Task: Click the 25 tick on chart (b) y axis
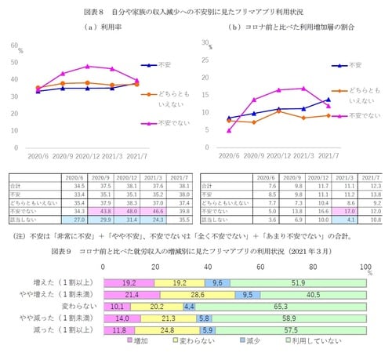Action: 206,56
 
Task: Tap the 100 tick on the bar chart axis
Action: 365,266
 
